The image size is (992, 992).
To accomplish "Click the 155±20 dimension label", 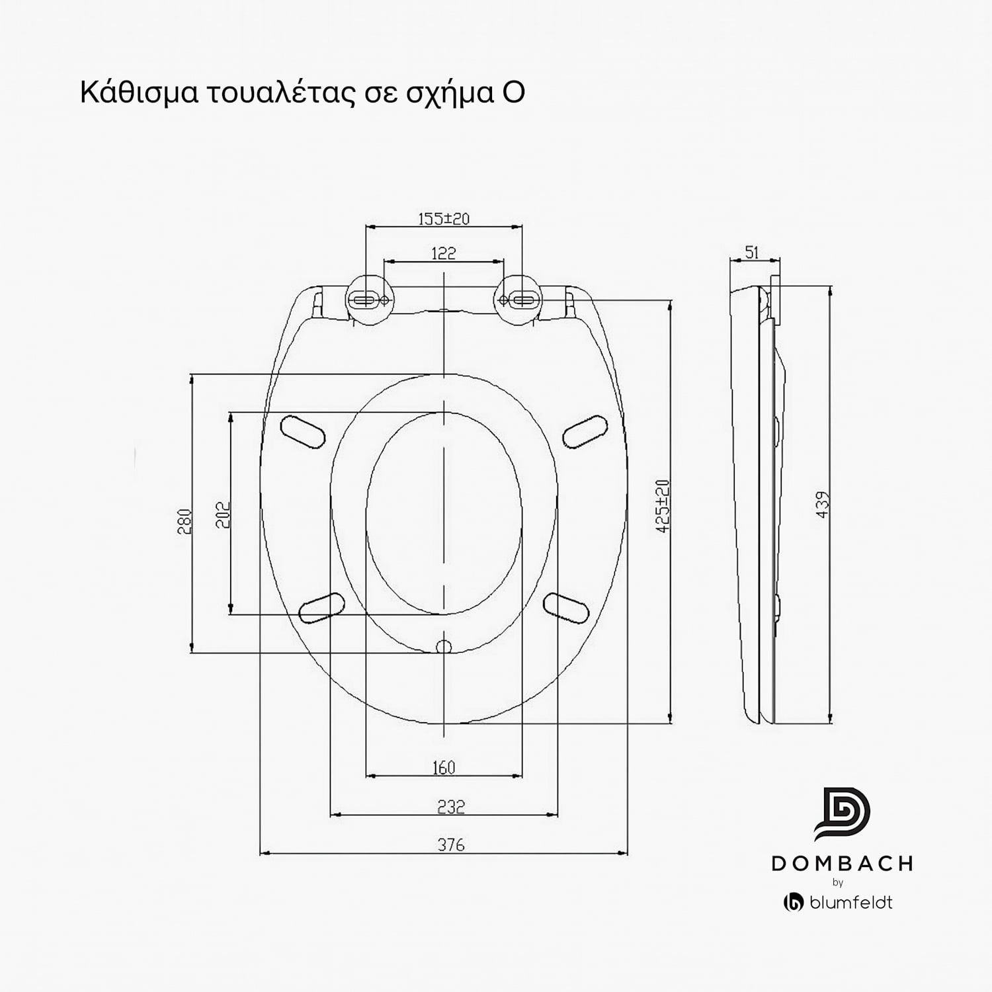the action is pos(444,218).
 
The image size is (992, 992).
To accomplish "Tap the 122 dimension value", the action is pos(443,253).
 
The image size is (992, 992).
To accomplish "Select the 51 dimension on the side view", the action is pos(752,252).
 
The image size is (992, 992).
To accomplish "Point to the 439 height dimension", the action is pos(822,504).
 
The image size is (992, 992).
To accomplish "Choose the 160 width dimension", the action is pos(443,767).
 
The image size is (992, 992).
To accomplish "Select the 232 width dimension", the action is pos(451,806).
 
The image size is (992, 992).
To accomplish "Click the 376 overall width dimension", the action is pos(451,845).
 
